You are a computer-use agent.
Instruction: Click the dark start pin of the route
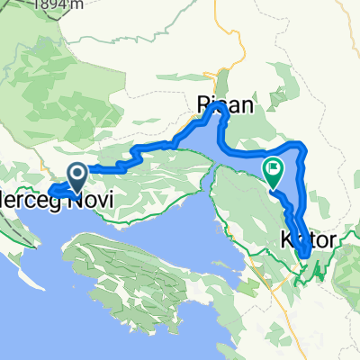78,174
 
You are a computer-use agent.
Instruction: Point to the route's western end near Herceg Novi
50,191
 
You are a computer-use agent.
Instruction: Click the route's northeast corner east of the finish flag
300,146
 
